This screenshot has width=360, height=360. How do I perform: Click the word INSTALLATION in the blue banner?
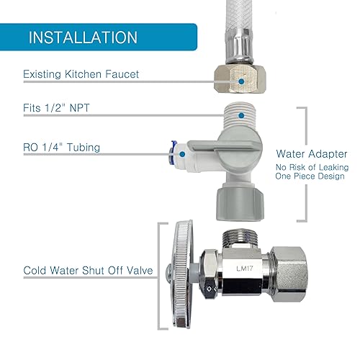(83, 37)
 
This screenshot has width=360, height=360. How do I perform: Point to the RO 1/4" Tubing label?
(61, 148)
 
